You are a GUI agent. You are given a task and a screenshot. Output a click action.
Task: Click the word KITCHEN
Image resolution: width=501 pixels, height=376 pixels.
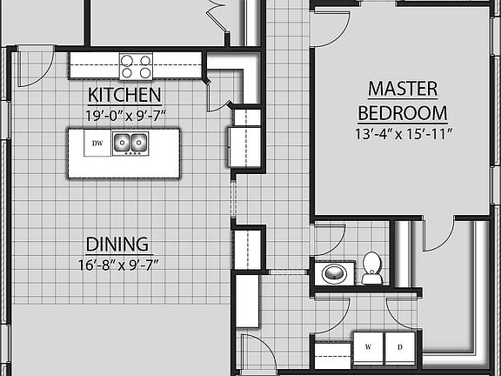(124, 95)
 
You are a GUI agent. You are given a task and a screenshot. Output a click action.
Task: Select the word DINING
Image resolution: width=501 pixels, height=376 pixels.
(117, 245)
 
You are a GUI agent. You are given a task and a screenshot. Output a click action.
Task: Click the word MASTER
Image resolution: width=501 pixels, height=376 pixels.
(402, 89)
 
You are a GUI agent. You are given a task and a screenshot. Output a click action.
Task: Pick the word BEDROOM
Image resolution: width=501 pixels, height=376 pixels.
(402, 113)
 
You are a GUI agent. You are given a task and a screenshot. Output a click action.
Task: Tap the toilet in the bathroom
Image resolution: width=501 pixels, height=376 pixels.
(372, 267)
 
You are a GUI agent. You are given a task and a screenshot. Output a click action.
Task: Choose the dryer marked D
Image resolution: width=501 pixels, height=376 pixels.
(400, 347)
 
